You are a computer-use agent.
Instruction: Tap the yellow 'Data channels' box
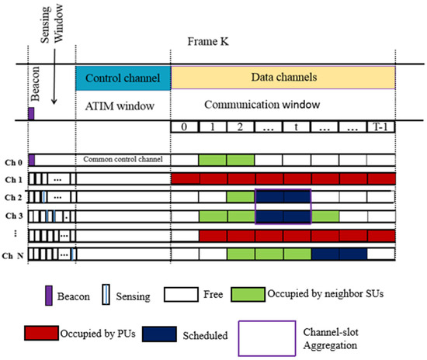283,78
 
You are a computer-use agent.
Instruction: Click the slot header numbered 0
185,126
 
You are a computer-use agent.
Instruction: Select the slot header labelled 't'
297,126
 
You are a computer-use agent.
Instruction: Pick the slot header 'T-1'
380,126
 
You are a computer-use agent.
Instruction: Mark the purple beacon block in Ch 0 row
31,160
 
